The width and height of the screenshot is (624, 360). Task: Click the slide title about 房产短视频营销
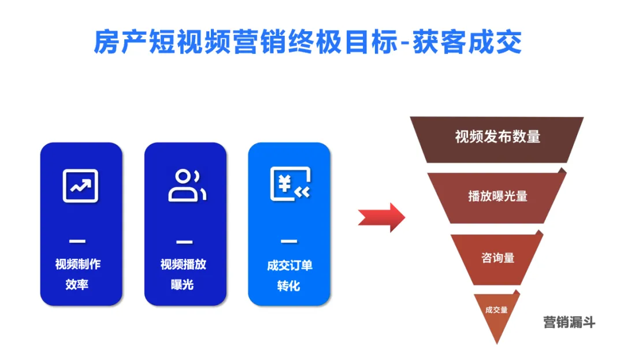pyautogui.click(x=307, y=42)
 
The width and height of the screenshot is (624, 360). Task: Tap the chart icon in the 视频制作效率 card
pyautogui.click(x=80, y=185)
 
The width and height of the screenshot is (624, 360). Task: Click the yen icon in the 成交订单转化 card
pyautogui.click(x=290, y=184)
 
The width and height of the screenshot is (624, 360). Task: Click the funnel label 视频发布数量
pyautogui.click(x=497, y=137)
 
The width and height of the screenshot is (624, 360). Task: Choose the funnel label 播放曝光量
pyautogui.click(x=497, y=196)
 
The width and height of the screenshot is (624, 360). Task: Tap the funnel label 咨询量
pyautogui.click(x=497, y=258)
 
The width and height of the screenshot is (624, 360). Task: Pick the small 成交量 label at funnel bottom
pyautogui.click(x=497, y=310)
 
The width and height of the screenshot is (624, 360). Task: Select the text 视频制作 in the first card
pyautogui.click(x=78, y=265)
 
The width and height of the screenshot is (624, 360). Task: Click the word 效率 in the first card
pyautogui.click(x=77, y=284)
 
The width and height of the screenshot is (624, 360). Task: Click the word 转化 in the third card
pyautogui.click(x=289, y=285)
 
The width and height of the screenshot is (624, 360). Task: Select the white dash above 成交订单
pyautogui.click(x=289, y=241)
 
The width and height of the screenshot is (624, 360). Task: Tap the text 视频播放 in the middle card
pyautogui.click(x=183, y=265)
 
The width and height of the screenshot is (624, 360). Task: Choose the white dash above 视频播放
pyautogui.click(x=184, y=241)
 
